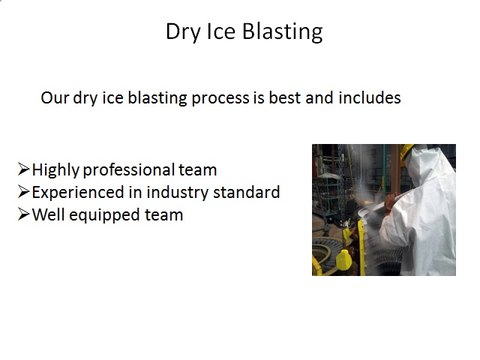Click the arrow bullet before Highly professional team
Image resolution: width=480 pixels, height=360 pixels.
tap(25, 170)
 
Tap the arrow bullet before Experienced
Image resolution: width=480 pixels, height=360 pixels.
tap(25, 192)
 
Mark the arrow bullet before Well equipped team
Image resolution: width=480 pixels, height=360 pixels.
tap(25, 214)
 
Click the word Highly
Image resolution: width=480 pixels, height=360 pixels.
tap(56, 170)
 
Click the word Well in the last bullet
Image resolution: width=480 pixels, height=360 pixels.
tap(50, 214)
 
